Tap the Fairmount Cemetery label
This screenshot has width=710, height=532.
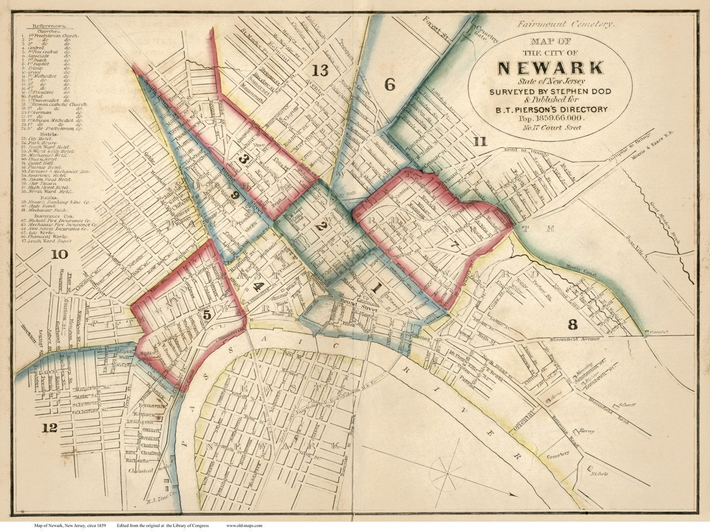pyautogui.click(x=565, y=24)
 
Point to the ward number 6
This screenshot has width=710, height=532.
pyautogui.click(x=389, y=85)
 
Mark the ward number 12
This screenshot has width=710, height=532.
pyautogui.click(x=49, y=427)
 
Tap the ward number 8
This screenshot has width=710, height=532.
pyautogui.click(x=573, y=323)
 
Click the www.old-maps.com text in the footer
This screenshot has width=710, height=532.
pyautogui.click(x=244, y=525)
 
